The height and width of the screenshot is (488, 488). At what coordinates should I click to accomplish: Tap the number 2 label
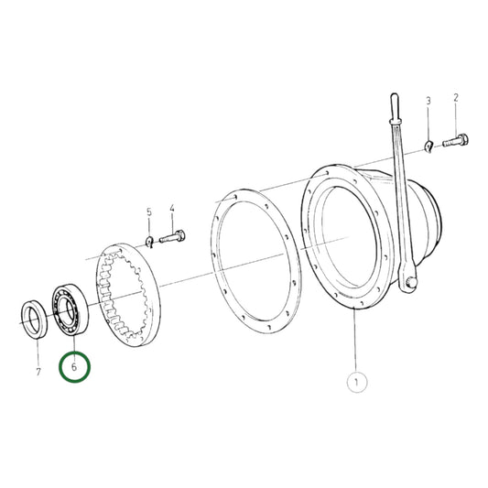point(455,97)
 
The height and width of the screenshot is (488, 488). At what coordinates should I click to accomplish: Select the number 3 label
point(427,101)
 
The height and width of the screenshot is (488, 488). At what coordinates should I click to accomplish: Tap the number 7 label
point(38,372)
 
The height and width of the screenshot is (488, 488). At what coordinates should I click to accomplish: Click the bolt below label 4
point(174,239)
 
